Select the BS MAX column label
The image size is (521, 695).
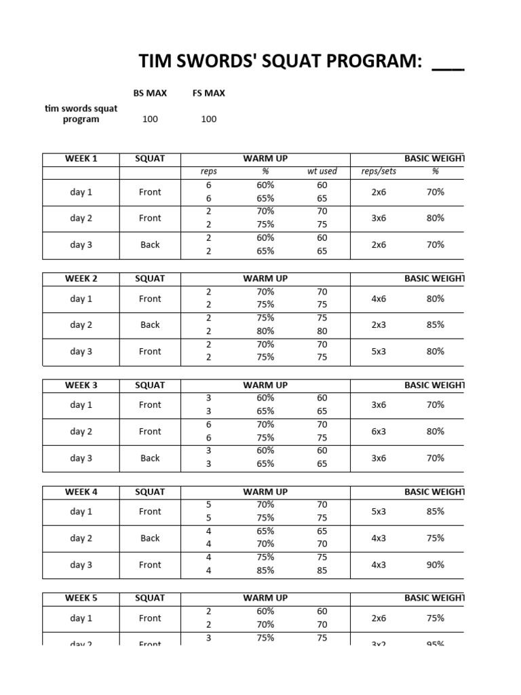[x=150, y=93]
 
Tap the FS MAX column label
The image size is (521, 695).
[x=208, y=93]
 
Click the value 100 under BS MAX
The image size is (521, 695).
[x=150, y=119]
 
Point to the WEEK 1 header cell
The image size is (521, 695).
[x=81, y=159]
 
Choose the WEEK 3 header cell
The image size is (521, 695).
[x=81, y=385]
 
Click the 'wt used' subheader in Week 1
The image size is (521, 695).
[x=322, y=172]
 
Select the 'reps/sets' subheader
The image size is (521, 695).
[x=379, y=172]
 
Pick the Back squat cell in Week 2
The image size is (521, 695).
[x=150, y=325]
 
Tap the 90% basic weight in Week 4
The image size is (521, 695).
[x=436, y=564]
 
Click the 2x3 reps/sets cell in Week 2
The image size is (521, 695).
[x=379, y=324]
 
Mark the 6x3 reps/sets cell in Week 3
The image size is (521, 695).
[x=379, y=431]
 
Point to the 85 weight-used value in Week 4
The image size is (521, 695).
[x=322, y=571]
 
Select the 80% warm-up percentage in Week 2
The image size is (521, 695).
[x=265, y=331]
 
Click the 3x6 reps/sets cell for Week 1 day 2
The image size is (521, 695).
[x=379, y=218]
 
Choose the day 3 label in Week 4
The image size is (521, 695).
[x=81, y=565]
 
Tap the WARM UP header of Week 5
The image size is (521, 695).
[x=265, y=598]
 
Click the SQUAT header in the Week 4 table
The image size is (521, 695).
[x=150, y=491]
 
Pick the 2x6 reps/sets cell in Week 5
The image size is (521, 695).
[x=379, y=618]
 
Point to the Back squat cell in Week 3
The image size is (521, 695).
[x=150, y=458]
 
